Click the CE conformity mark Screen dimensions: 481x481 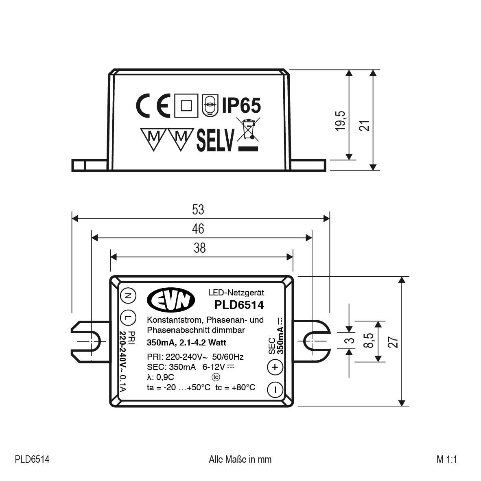point(152,107)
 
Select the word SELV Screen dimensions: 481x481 point(216,141)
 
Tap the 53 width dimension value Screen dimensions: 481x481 point(198,210)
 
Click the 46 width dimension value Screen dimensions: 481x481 point(198,229)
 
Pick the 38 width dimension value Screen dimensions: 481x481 point(199,248)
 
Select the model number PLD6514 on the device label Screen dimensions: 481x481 point(239,304)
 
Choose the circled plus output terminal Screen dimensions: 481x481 point(275,367)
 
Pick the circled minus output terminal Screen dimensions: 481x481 point(275,389)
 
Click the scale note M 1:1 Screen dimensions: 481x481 point(447,459)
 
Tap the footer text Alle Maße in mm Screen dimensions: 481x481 point(240,459)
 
